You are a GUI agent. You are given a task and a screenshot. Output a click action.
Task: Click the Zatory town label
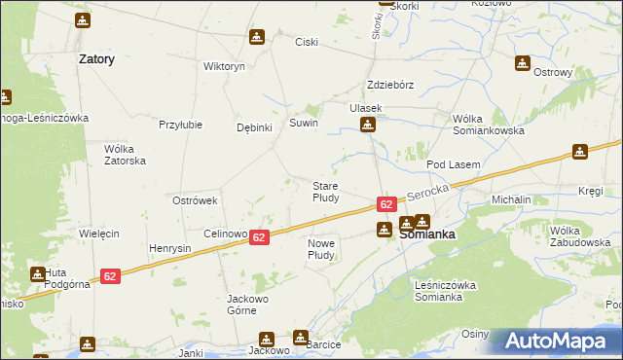pyautogui.click(x=96, y=59)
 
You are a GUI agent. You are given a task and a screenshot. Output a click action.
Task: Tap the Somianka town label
pyautogui.click(x=427, y=234)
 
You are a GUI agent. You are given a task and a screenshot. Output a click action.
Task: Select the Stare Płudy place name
pyautogui.click(x=325, y=191)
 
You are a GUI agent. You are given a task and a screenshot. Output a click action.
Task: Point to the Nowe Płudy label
pyautogui.click(x=321, y=249)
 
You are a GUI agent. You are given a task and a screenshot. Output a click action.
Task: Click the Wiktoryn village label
pyautogui.click(x=223, y=66)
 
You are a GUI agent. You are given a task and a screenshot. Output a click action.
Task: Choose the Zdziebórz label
pyautogui.click(x=390, y=85)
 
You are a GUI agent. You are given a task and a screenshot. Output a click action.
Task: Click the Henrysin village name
pyautogui.click(x=170, y=248)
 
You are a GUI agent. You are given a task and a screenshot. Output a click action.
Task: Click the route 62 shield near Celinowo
pyautogui.click(x=259, y=237)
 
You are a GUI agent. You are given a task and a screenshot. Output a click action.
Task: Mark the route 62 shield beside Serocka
pyautogui.click(x=386, y=204)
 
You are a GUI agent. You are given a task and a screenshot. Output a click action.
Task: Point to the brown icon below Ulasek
pyautogui.click(x=368, y=124)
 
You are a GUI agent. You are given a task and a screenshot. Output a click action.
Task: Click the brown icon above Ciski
pyautogui.click(x=256, y=37)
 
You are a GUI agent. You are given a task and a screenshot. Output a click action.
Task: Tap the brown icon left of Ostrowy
pyautogui.click(x=524, y=63)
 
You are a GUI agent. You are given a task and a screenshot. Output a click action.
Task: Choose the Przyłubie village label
pyautogui.click(x=180, y=125)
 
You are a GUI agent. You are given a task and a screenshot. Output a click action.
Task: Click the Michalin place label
pyautogui.click(x=511, y=199)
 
